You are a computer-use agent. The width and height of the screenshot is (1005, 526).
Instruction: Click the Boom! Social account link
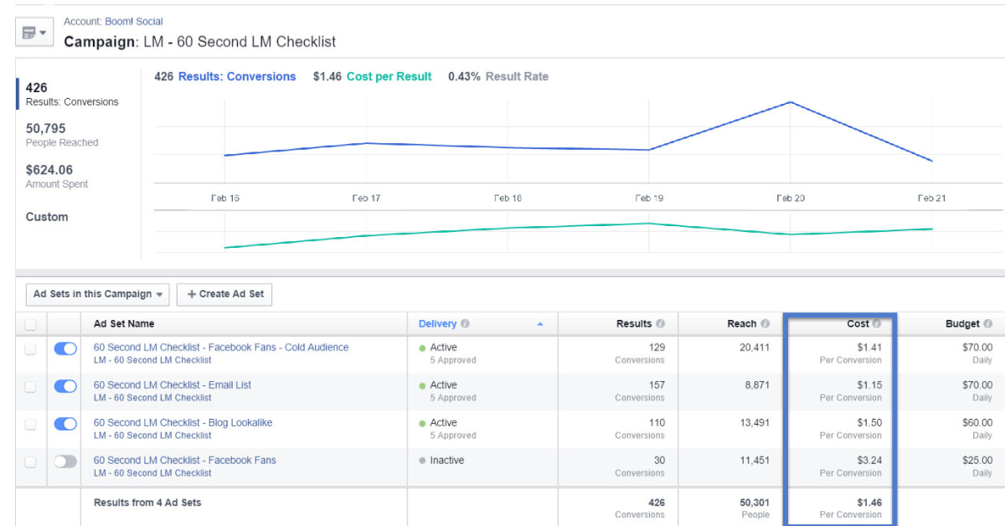(134, 21)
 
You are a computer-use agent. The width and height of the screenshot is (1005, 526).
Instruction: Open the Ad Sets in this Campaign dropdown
(98, 294)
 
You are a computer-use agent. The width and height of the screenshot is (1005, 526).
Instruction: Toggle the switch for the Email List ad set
(65, 386)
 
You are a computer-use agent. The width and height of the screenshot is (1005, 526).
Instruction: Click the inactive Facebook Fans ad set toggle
(65, 462)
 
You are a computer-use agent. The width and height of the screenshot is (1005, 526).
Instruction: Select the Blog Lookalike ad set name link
(183, 423)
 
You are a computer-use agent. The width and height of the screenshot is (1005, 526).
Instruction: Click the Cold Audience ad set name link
(221, 348)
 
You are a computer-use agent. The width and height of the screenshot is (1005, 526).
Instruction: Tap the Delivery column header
(438, 324)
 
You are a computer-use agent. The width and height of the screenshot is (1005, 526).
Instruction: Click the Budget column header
(962, 324)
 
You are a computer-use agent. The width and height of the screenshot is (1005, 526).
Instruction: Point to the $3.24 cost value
(869, 461)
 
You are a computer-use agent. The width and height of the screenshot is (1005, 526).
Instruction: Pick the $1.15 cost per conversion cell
(869, 385)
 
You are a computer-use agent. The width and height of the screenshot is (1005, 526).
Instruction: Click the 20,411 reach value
(754, 348)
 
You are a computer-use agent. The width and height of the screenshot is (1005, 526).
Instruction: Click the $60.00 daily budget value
(977, 423)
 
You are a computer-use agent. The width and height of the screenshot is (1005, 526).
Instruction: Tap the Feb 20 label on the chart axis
(791, 199)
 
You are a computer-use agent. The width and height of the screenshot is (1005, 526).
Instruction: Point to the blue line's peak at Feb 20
(791, 102)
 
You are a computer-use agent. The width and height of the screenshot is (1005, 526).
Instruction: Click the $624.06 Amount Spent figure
(49, 170)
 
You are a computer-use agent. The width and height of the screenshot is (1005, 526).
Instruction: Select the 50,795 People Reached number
(46, 129)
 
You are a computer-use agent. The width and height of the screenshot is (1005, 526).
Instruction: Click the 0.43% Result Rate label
(498, 76)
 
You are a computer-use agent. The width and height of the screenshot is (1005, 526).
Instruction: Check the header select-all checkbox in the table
(31, 324)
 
